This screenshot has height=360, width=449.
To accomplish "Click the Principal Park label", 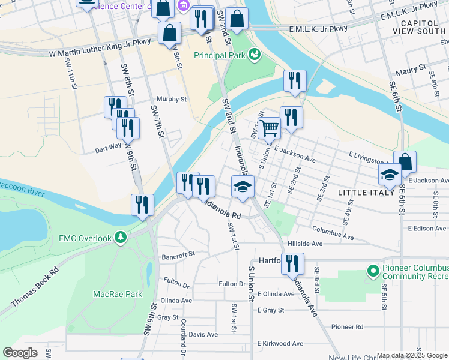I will pos(220,55).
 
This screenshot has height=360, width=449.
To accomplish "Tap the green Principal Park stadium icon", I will pos(255,55).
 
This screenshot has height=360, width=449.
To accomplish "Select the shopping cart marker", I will pos(270,127).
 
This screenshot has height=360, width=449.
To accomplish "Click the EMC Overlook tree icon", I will pos(121,238).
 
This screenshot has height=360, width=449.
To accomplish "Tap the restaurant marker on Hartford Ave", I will pos(293,263).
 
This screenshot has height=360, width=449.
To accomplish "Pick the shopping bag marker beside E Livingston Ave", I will pos(405,161).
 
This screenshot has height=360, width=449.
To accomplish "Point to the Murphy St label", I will pos(172,100).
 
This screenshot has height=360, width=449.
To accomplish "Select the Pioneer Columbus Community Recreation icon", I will pos(373,272).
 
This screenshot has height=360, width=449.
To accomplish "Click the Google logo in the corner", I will pos(20,353).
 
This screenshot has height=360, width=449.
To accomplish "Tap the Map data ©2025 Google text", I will pos(412,355).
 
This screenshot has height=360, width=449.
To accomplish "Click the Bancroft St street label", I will pos(178,254).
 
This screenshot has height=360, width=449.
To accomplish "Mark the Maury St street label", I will pos(411,70).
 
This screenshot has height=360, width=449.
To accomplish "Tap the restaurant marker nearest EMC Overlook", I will pos(142,205).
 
